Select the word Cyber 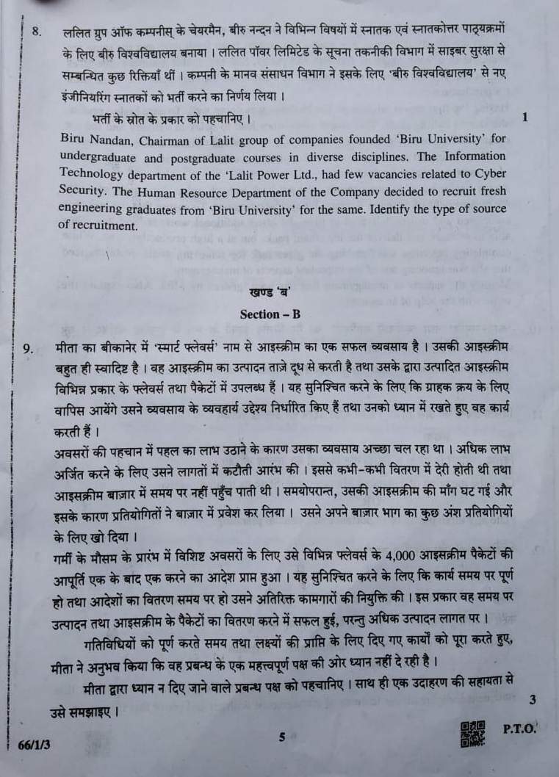tap(487, 173)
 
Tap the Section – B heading tap(270, 314)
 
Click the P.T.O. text tap(520, 730)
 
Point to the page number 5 tap(282, 737)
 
